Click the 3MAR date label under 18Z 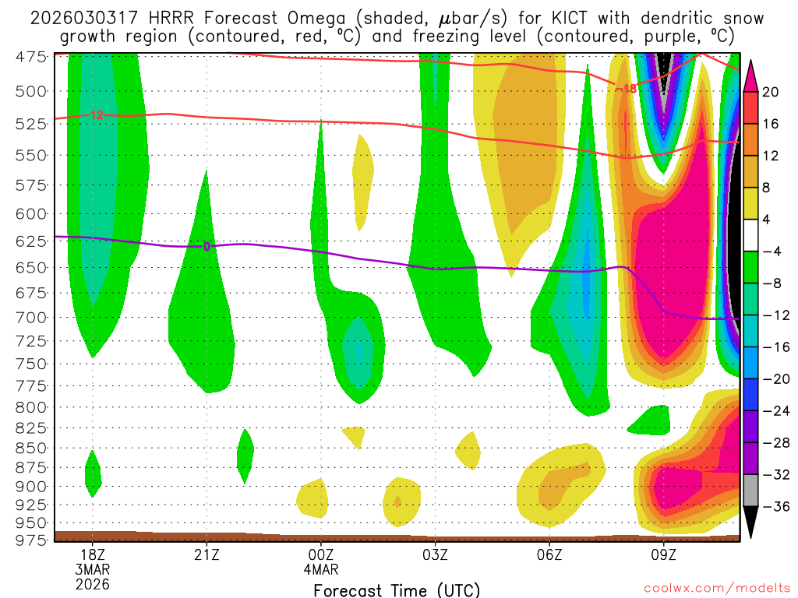93,569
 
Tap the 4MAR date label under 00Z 321,569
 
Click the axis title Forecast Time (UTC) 397,589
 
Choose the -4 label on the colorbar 771,252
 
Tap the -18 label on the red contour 626,89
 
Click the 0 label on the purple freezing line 207,247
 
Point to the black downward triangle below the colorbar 751,522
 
